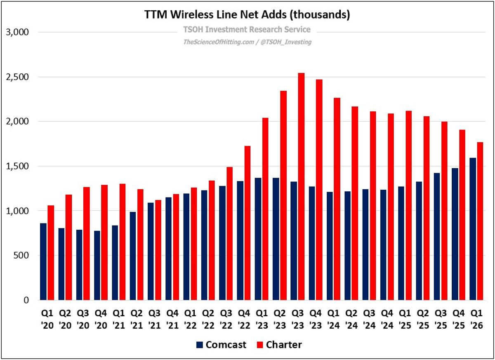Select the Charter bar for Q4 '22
click(x=247, y=223)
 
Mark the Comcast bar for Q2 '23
click(x=276, y=239)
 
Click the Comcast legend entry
click(x=221, y=345)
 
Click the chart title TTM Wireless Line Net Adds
click(x=247, y=15)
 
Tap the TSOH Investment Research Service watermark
click(x=247, y=30)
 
